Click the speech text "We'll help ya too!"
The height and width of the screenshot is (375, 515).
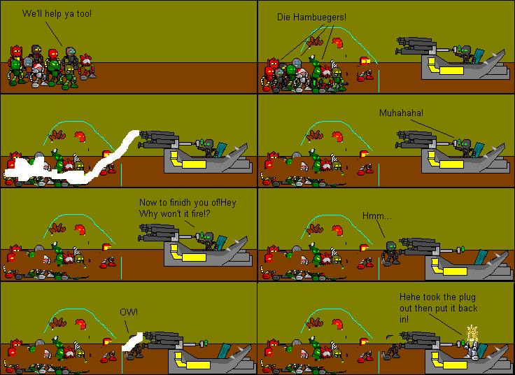pos(57,13)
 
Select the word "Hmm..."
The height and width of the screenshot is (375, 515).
pos(377,215)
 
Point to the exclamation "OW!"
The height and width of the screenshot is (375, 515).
pos(128,311)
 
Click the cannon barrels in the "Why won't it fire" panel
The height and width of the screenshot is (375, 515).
pos(162,232)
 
